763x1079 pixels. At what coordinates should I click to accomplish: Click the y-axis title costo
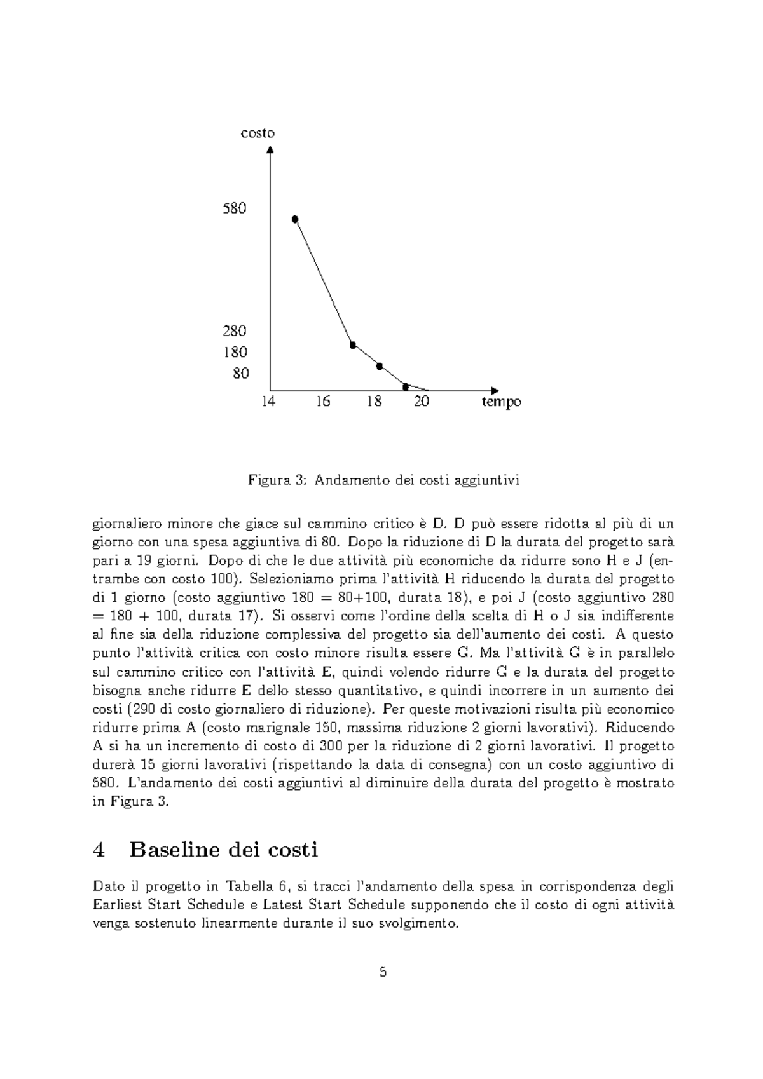(x=258, y=133)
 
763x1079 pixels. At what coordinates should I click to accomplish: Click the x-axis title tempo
(x=501, y=402)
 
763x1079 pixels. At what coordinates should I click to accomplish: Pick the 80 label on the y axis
(x=240, y=374)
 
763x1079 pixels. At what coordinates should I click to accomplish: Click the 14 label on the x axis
(x=269, y=402)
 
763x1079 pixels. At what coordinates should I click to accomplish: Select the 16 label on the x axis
(x=322, y=402)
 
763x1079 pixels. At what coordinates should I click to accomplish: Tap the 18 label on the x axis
(x=375, y=402)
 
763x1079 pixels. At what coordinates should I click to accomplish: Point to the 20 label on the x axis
(x=421, y=402)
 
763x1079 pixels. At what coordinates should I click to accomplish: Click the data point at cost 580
(x=295, y=219)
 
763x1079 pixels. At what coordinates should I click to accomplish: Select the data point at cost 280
(x=353, y=345)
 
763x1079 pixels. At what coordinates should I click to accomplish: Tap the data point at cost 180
(x=379, y=366)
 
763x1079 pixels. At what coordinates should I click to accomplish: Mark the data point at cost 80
(x=406, y=386)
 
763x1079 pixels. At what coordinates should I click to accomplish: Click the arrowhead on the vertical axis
(x=270, y=150)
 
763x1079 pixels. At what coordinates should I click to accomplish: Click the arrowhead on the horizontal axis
(x=495, y=390)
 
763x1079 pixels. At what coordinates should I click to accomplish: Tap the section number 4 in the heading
(x=98, y=850)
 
